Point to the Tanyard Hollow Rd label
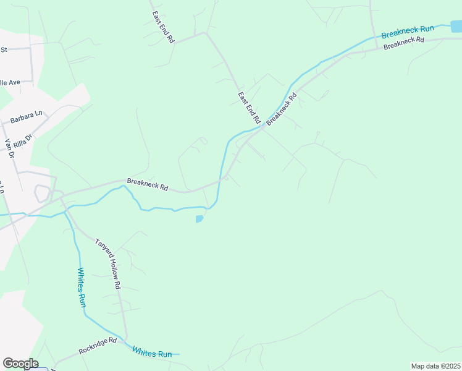(107, 264)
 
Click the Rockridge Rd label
(98, 346)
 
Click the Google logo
(20, 364)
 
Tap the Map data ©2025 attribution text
(435, 366)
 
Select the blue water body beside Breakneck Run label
(456, 26)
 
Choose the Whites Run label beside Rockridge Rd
(152, 352)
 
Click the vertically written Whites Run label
(82, 288)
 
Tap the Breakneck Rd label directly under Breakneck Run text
(403, 44)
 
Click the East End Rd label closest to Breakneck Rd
(249, 107)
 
